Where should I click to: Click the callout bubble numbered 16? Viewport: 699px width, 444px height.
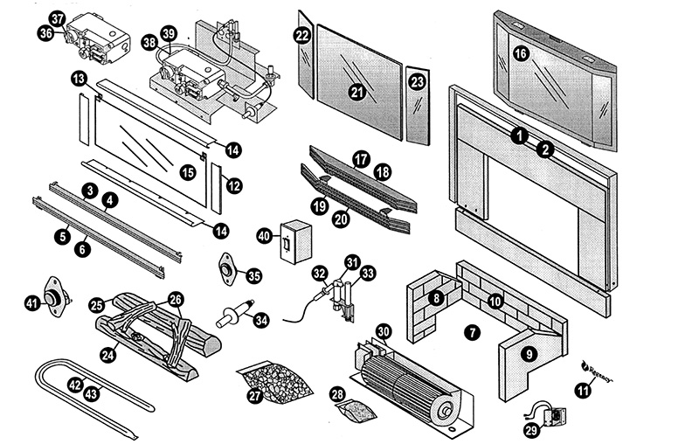point(521,54)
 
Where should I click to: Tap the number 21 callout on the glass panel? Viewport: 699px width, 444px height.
point(356,91)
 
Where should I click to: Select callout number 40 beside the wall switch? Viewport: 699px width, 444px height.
point(263,236)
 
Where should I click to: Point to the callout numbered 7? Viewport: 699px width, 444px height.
point(473,332)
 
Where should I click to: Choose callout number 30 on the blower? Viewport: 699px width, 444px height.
point(383,332)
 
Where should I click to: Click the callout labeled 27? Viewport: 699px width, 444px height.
point(254,396)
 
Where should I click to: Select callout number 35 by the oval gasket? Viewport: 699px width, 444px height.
point(254,276)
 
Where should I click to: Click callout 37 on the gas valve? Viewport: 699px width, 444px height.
point(58,18)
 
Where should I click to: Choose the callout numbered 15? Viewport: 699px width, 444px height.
point(188,173)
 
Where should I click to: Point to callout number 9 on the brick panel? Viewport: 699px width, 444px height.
point(527,354)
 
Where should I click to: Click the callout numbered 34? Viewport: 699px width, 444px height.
point(260,320)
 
